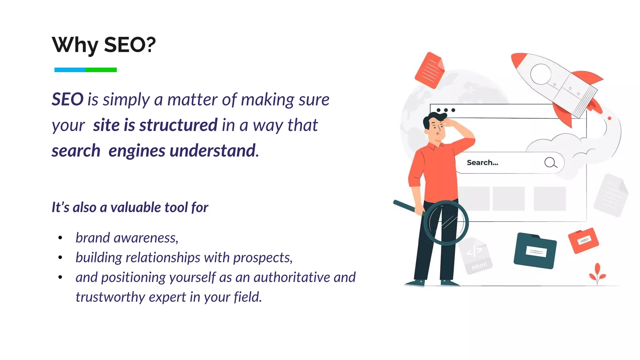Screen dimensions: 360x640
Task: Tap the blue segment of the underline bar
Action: [70, 70]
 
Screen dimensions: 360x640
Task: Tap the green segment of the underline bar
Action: [101, 70]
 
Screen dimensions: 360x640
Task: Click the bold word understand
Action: [213, 151]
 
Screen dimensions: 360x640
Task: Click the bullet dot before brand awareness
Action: [60, 238]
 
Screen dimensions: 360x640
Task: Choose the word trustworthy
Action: [110, 297]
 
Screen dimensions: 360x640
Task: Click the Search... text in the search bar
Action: [482, 162]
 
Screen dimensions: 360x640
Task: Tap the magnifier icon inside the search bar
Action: [550, 162]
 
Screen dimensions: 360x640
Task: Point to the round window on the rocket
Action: [540, 74]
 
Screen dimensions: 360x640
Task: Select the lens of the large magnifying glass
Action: [446, 223]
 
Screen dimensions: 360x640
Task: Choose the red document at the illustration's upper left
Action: [430, 70]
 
